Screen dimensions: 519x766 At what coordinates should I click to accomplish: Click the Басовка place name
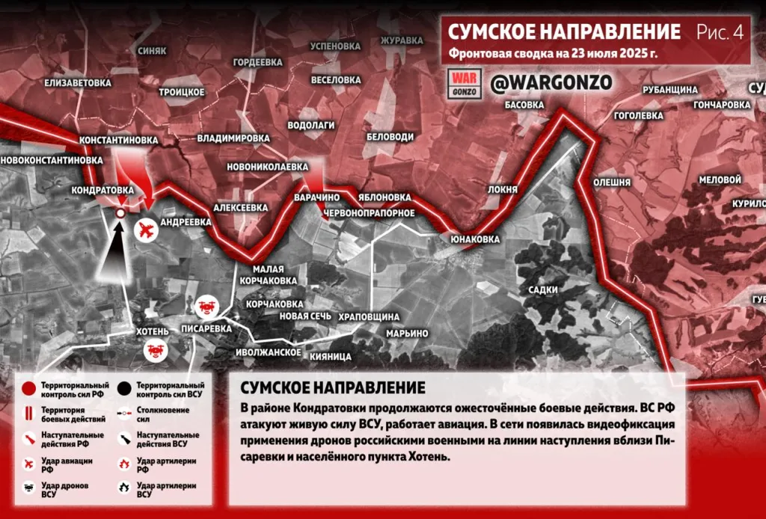click(x=524, y=105)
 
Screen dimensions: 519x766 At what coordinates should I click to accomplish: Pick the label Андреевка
click(x=186, y=222)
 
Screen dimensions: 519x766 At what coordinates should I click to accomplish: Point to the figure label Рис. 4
click(x=720, y=32)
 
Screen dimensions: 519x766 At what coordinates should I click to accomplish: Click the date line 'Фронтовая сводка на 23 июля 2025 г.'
click(x=553, y=55)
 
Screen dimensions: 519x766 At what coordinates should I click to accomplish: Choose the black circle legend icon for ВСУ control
click(x=123, y=388)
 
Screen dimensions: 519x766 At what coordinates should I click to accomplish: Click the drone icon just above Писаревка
click(x=206, y=307)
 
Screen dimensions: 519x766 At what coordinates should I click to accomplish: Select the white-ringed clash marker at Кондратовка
click(x=120, y=214)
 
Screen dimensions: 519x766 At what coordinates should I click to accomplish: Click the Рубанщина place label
click(x=670, y=90)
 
